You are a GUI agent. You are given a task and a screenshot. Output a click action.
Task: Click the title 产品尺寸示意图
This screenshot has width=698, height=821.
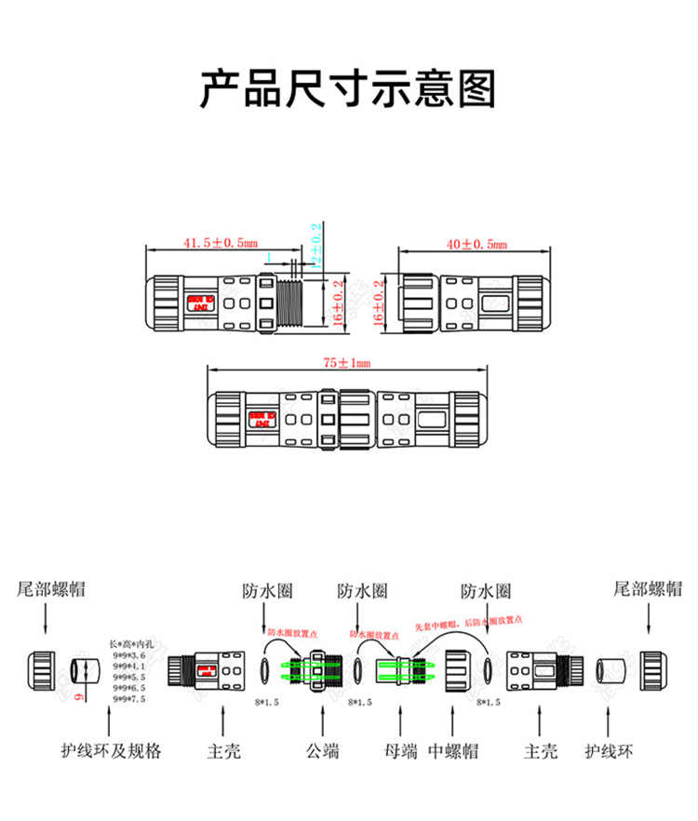tap(348, 89)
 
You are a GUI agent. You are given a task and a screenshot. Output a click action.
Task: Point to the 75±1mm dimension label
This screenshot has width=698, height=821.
tap(346, 363)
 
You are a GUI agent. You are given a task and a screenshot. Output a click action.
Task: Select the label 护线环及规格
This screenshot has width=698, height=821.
tap(111, 750)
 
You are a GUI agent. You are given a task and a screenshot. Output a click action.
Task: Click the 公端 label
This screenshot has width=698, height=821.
tap(322, 750)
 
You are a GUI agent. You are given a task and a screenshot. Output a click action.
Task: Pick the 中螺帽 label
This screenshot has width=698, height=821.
tap(454, 750)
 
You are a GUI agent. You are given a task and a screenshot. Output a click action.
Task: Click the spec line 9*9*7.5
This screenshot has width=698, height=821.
tap(128, 698)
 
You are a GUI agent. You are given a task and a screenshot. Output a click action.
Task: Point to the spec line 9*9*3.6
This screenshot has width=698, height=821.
tap(128, 655)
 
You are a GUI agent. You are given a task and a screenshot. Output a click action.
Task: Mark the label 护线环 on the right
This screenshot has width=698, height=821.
tap(606, 750)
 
